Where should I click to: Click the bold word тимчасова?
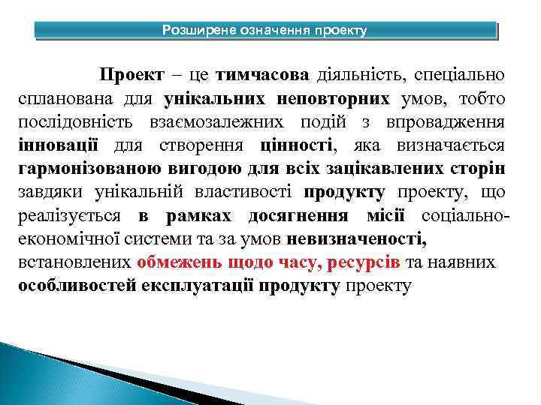[261, 76]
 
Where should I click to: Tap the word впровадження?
[451, 123]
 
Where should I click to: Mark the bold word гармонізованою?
[89, 169]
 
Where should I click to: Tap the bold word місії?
[385, 217]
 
